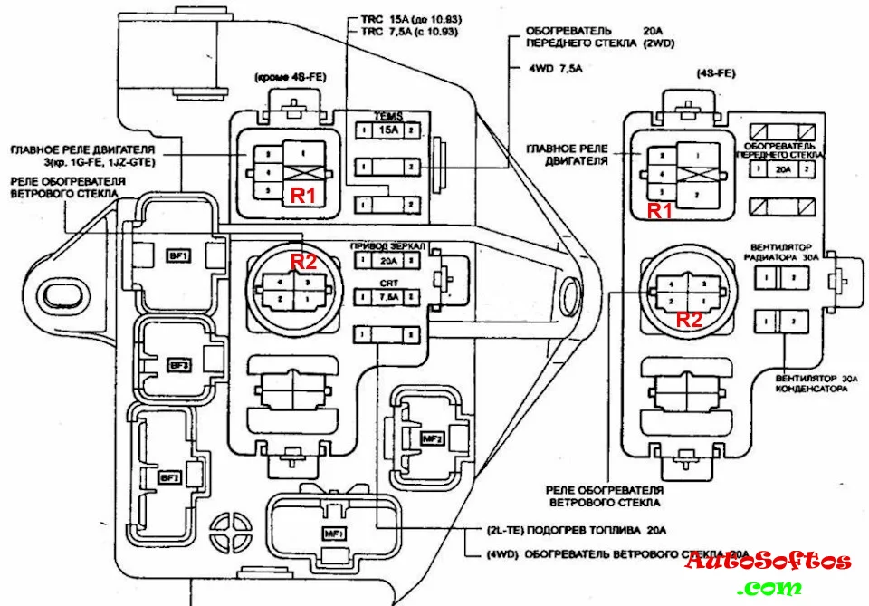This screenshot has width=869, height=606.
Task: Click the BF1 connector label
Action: (x=177, y=256)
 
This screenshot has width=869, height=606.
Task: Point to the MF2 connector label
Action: (x=432, y=438)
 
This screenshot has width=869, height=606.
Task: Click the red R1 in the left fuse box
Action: (x=301, y=194)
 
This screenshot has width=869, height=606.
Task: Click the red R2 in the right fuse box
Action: (x=690, y=319)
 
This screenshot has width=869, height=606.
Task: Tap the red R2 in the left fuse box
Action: (x=303, y=262)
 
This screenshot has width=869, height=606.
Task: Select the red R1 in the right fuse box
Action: (x=660, y=210)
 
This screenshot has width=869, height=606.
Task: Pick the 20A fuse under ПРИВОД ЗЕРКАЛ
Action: (x=387, y=260)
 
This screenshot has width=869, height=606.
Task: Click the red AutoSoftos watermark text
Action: (x=767, y=561)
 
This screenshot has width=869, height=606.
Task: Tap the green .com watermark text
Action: (x=769, y=588)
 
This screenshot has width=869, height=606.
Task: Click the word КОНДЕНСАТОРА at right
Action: (x=811, y=389)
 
